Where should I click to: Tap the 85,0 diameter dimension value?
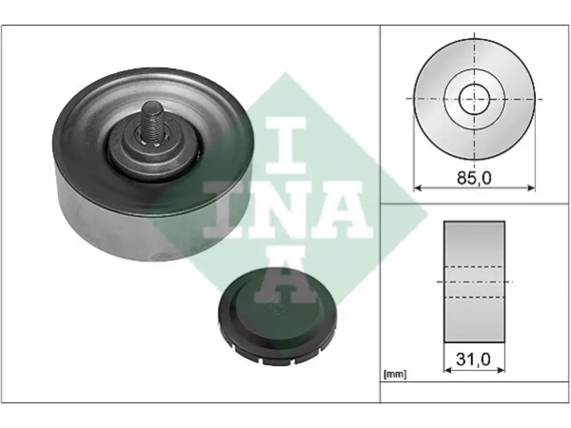coord(474,178)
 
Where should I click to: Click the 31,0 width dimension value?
coord(473,359)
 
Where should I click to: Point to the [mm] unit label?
coord(395,374)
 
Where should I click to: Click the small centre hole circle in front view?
coord(474,99)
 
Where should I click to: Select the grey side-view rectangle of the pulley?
coord(474,281)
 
